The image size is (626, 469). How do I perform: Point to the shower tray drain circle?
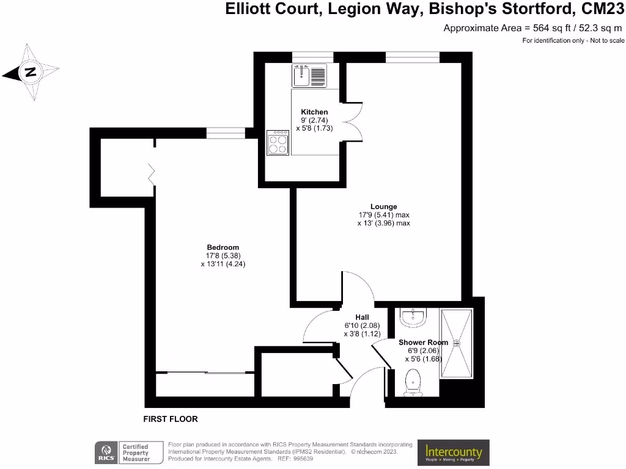coord(455,343)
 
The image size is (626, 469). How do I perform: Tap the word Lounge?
coord(383,206)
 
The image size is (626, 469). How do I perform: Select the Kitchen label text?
coord(314,112)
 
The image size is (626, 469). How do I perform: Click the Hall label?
coord(362,317)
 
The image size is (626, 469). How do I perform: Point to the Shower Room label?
coord(423,343)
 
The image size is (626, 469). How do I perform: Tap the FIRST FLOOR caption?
coord(171,419)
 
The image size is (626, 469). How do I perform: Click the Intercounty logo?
coord(454,453)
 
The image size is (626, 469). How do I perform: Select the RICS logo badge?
coord(105,453)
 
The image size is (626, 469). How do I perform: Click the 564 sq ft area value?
coord(543,27)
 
